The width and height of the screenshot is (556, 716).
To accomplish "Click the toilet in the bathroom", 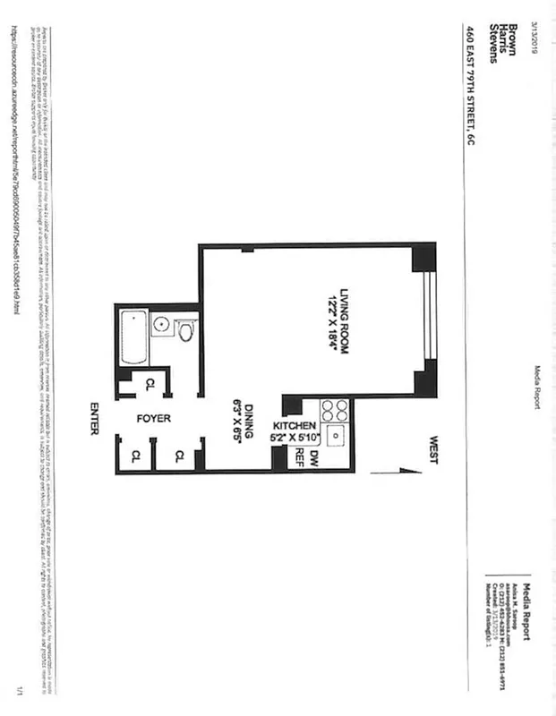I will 184,333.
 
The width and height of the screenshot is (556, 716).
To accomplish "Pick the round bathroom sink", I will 162,324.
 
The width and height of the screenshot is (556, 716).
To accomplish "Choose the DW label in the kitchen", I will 314,458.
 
